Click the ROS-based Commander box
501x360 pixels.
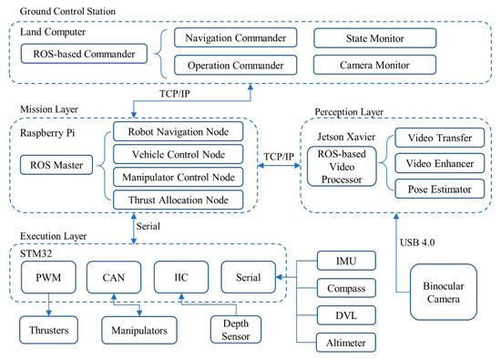(85, 53)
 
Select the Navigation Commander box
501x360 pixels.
(235, 39)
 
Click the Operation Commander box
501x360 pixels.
(235, 66)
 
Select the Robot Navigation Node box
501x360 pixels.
(179, 131)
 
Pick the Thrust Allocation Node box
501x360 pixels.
(179, 198)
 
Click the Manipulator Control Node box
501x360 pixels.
(179, 176)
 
